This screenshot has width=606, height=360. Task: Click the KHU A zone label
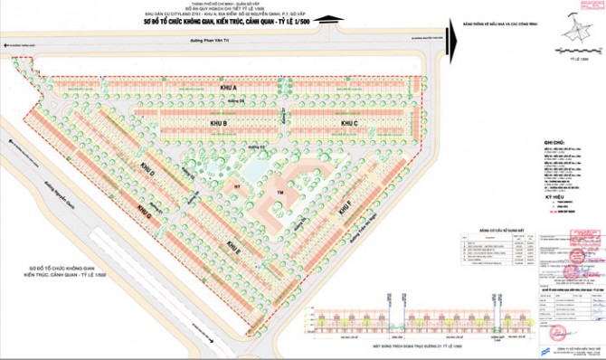[227, 88]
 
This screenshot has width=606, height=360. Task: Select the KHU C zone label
[350, 123]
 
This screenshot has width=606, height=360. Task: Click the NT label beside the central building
[237, 185]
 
